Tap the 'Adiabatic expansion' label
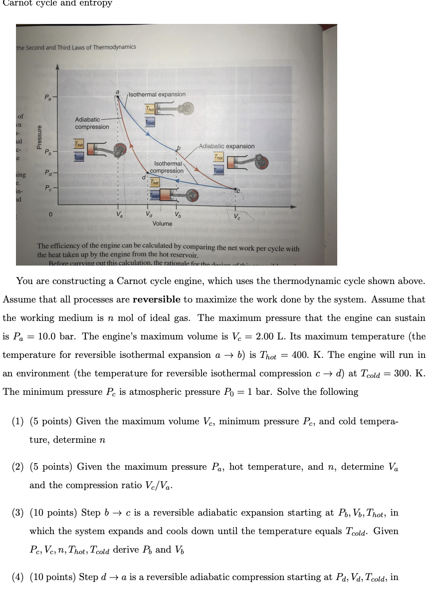226,146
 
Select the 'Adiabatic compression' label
92,123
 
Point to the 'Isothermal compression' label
167,167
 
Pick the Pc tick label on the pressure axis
47,188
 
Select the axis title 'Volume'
162,224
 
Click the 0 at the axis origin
50,215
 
